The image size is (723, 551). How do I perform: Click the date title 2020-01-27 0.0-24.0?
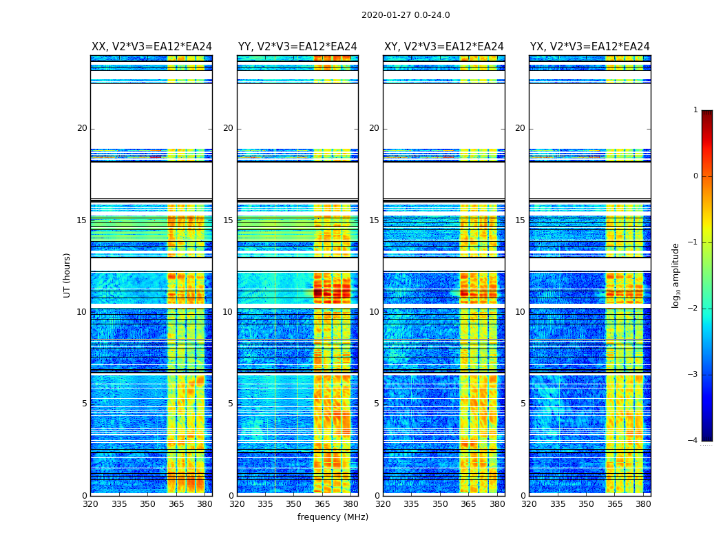click(406, 15)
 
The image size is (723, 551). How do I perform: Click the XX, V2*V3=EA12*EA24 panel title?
click(151, 47)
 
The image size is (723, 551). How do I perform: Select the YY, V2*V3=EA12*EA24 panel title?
click(297, 47)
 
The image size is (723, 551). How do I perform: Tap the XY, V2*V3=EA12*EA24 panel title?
click(444, 47)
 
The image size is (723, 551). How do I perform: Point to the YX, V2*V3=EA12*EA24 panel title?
click(590, 47)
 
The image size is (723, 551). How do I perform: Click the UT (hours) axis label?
click(67, 275)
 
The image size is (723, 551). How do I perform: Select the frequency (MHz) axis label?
click(333, 517)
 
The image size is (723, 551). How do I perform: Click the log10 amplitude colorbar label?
click(676, 275)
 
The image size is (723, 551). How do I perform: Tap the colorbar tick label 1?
click(695, 110)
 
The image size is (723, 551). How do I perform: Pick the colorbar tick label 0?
click(695, 176)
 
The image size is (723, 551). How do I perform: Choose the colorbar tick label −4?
click(693, 441)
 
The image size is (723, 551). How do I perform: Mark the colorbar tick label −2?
click(693, 309)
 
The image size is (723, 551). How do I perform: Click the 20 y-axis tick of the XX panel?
click(82, 128)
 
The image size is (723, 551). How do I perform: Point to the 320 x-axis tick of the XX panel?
click(90, 504)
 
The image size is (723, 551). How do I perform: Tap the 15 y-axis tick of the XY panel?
click(374, 220)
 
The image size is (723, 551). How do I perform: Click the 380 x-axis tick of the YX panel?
click(643, 504)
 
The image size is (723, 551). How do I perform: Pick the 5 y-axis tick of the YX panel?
click(523, 404)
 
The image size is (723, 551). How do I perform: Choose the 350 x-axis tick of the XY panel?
click(440, 504)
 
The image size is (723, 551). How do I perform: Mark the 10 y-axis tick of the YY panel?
click(228, 312)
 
